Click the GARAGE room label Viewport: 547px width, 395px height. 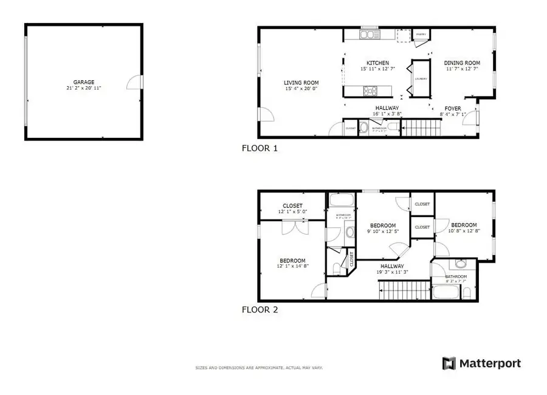tap(84, 82)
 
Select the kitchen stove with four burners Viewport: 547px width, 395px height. tap(371, 91)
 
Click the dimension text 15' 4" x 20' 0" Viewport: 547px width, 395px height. tap(301, 89)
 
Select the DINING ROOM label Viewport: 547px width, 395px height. tap(462, 63)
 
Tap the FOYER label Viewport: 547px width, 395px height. tap(453, 109)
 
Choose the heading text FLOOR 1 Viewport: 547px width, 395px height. tap(260, 148)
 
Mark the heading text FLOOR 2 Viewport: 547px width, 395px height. tap(260, 309)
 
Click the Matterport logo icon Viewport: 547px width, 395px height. tap(448, 363)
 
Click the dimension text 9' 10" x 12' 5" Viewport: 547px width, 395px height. tap(383, 232)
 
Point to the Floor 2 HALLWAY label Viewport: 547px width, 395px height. tap(392, 266)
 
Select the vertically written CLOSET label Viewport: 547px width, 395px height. tap(351, 259)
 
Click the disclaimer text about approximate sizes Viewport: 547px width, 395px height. tap(258, 368)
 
